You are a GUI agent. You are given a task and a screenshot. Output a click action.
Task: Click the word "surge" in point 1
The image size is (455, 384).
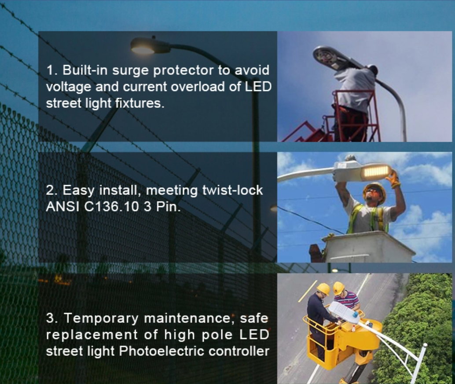pyautogui.click(x=130, y=71)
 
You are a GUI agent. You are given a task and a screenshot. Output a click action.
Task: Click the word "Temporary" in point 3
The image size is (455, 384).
pyautogui.click(x=101, y=318)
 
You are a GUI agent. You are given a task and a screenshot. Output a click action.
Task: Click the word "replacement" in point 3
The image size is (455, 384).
pyautogui.click(x=92, y=335)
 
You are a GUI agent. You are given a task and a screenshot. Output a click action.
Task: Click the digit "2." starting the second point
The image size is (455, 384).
pyautogui.click(x=52, y=190)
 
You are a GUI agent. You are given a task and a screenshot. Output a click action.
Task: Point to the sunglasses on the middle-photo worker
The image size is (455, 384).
pyautogui.click(x=373, y=192)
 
